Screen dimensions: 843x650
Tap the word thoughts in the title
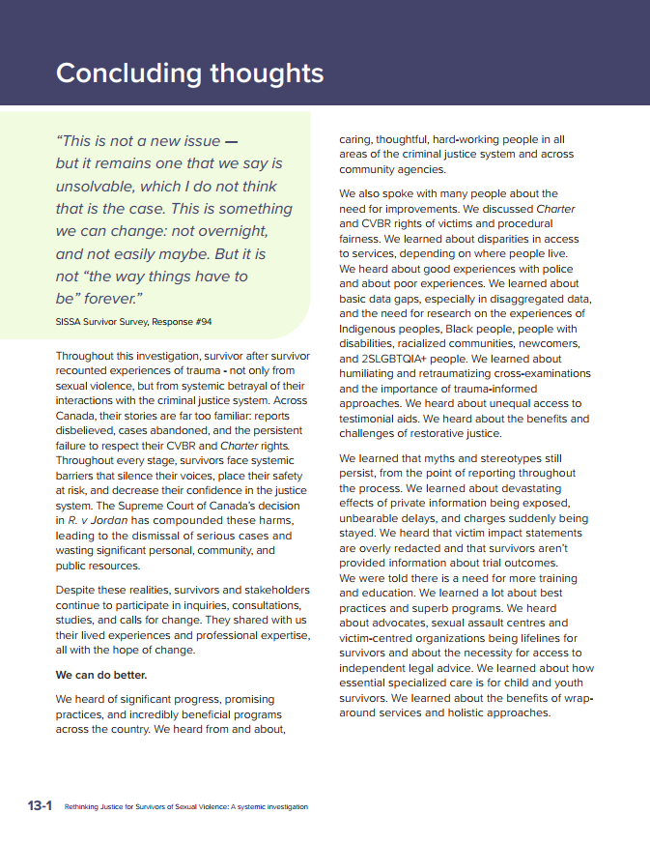tap(259, 73)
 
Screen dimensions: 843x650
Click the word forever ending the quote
tap(114, 300)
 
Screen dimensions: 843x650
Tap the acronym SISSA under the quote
tap(71, 322)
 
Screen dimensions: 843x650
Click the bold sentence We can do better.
tap(101, 675)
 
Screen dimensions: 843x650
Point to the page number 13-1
tap(40, 805)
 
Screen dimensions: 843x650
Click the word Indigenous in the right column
tap(372, 328)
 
